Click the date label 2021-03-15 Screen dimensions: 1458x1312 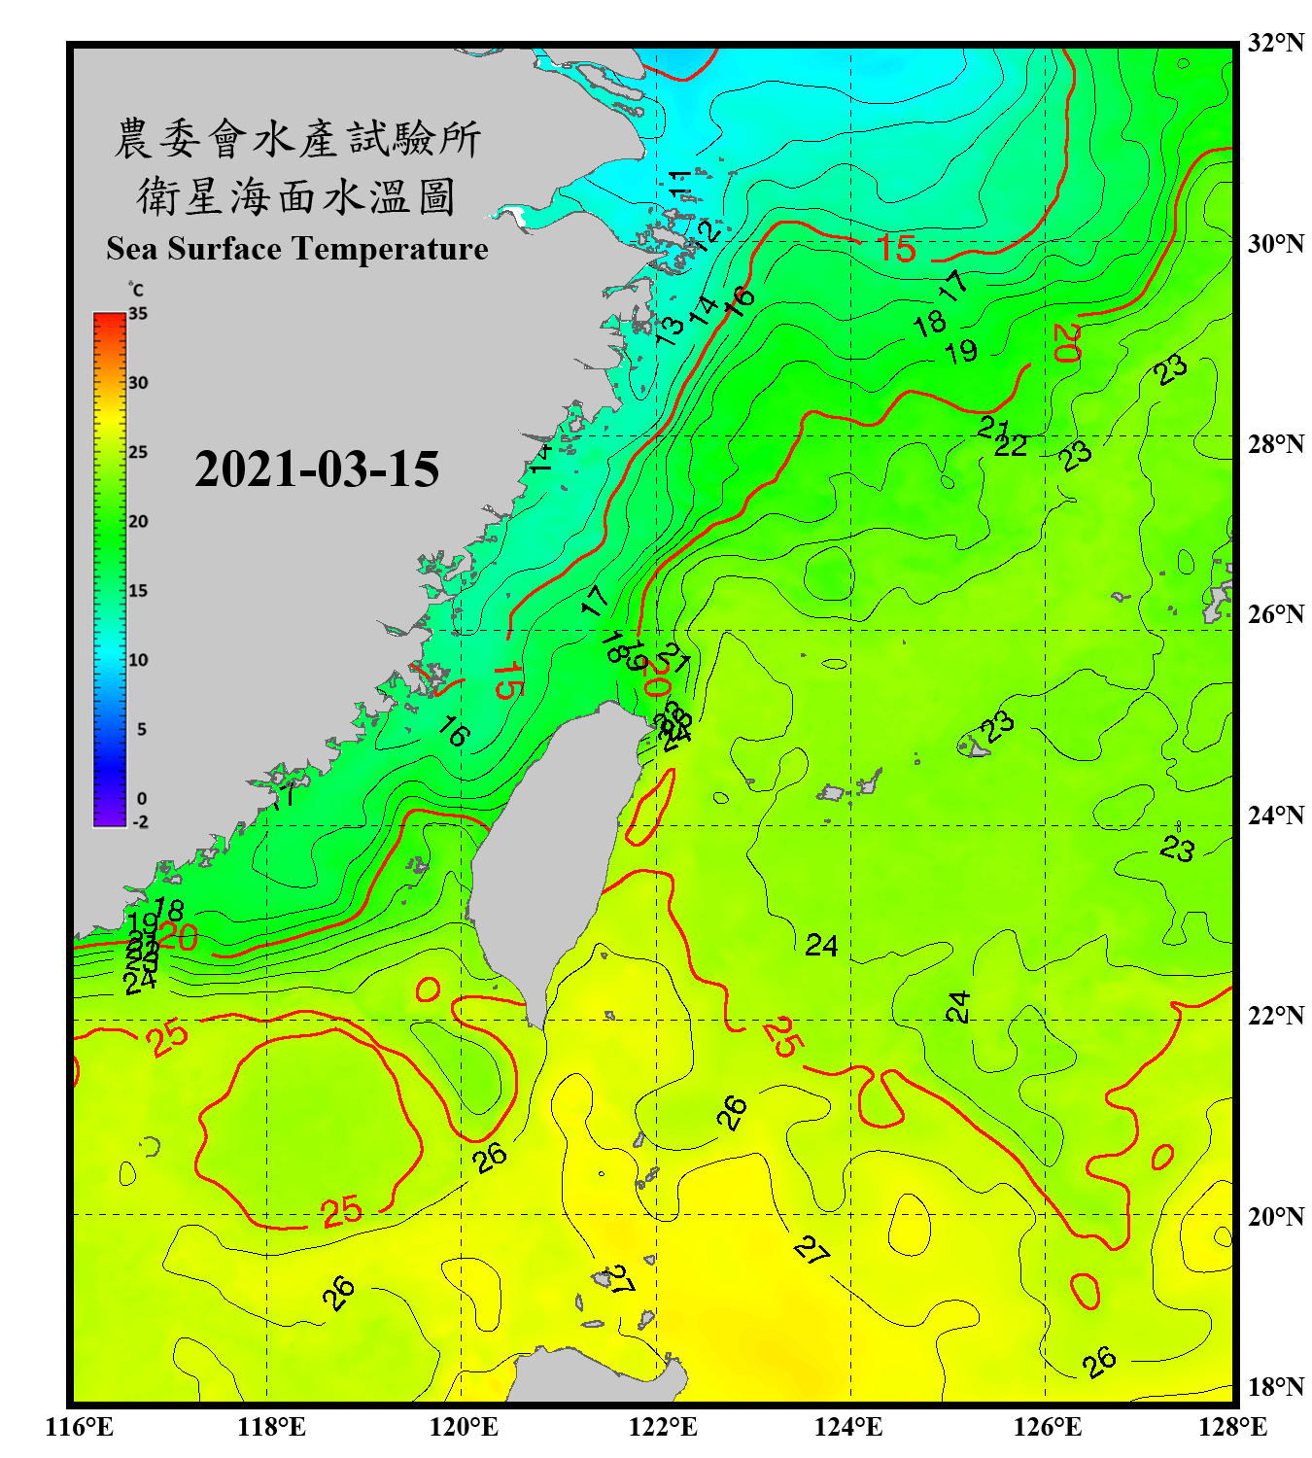317,469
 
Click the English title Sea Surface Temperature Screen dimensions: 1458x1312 297,249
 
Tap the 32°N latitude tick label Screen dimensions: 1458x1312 1275,43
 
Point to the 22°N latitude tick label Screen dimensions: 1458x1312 1275,1016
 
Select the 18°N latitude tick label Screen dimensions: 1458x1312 1275,1387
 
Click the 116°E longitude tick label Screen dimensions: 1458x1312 79,1427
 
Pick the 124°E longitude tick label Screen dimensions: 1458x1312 848,1427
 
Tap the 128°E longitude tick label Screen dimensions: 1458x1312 1232,1427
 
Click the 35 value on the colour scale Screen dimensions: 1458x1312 138,314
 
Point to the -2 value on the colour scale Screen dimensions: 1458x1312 140,822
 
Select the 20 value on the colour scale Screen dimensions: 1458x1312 138,522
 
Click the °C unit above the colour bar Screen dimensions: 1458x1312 136,290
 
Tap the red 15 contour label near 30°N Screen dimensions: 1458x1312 896,249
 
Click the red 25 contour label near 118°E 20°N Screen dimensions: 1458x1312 342,1211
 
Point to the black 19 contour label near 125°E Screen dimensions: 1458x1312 962,351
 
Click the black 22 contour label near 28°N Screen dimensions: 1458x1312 1011,445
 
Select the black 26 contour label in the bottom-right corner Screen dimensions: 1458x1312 1099,1363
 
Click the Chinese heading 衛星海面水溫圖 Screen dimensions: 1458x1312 296,197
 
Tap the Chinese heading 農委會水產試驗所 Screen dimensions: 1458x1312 297,139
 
